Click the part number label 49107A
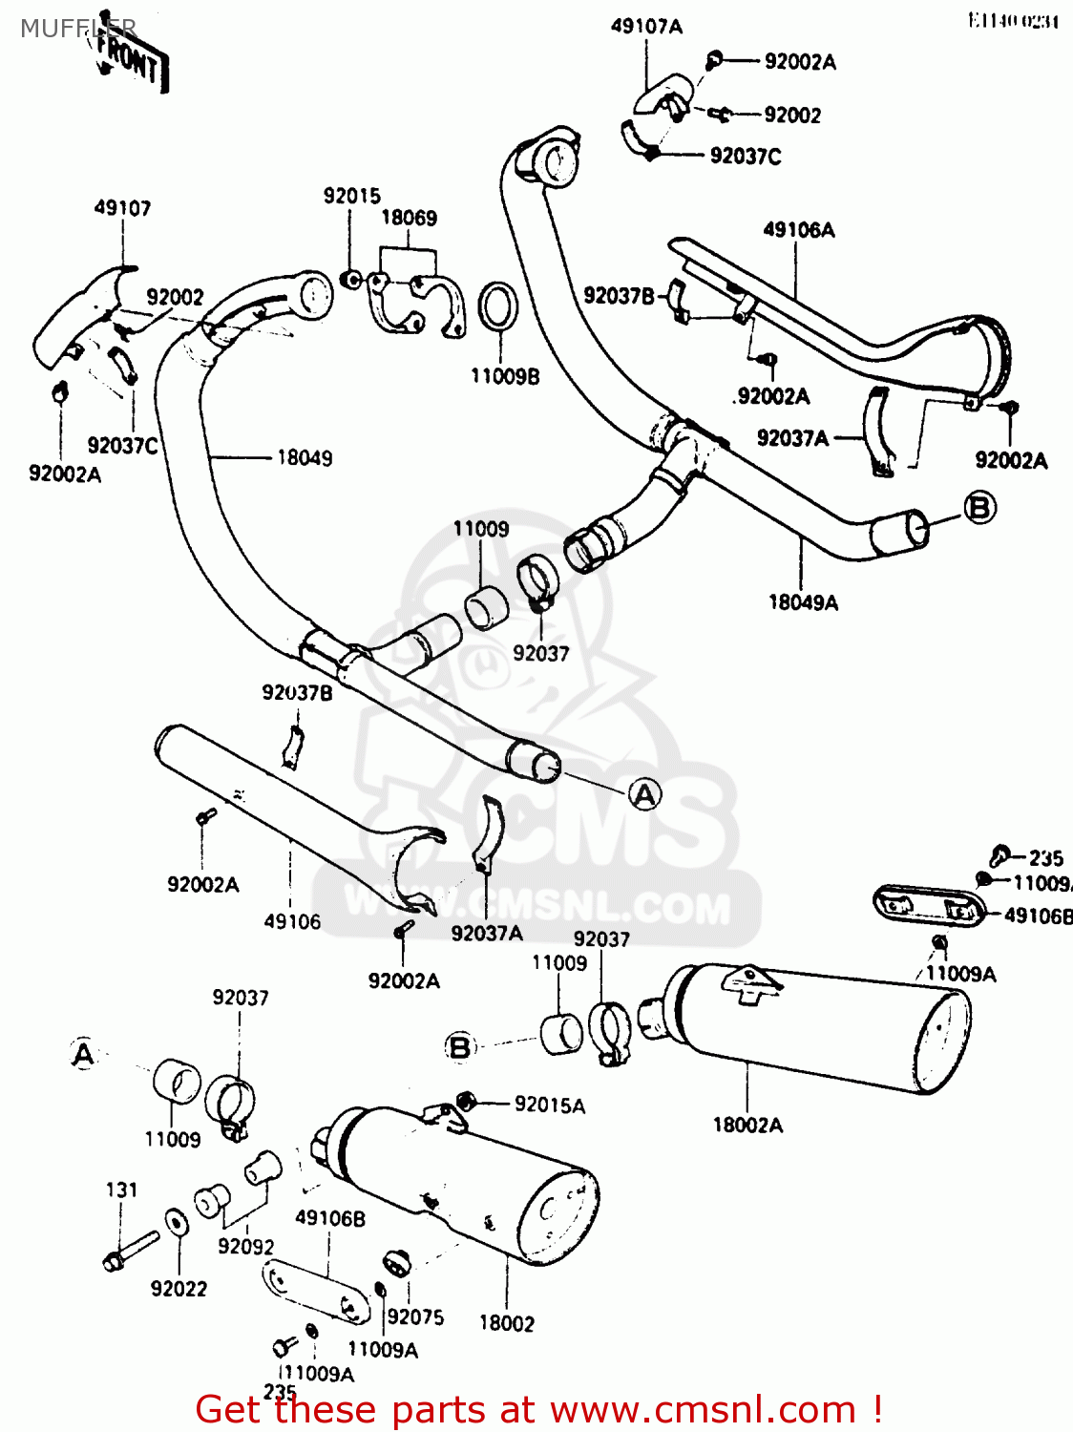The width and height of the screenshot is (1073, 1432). point(646,27)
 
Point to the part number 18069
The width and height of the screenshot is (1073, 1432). point(409,218)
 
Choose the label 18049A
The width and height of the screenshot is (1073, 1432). point(803,602)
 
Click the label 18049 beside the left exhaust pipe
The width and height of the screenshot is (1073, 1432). point(305,458)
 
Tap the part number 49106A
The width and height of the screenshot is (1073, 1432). point(798,230)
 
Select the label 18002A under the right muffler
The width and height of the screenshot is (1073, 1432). point(747,1126)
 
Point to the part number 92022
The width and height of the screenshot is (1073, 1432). point(179,1289)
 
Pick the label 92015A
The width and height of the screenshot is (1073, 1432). point(549,1106)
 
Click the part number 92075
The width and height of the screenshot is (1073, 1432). point(415,1317)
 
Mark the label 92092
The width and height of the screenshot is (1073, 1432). point(245,1247)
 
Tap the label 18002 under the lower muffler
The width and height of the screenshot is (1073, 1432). point(506,1323)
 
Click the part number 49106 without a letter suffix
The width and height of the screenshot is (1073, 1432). point(292,921)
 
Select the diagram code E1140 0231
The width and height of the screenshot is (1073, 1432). point(1013,21)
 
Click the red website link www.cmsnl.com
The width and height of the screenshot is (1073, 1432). point(705,1409)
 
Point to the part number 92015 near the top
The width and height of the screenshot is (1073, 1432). point(351,196)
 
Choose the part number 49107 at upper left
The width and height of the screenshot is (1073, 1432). point(122,208)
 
